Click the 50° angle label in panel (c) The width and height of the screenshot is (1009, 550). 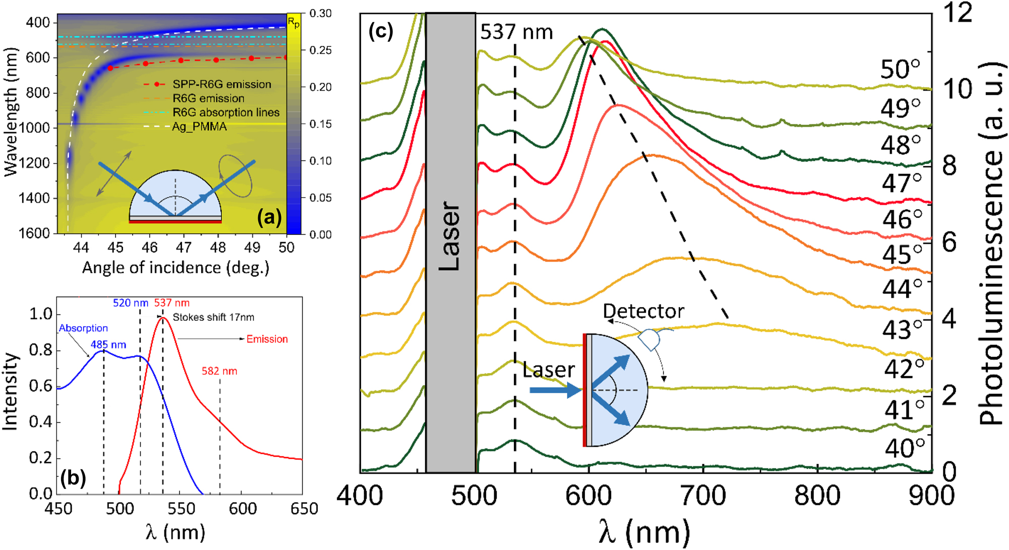[x=901, y=70]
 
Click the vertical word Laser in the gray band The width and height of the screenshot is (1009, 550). [x=450, y=236]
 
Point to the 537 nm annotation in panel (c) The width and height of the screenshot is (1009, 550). [x=516, y=32]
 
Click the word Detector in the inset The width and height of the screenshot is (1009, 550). [x=643, y=311]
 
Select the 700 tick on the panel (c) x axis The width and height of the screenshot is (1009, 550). [x=703, y=496]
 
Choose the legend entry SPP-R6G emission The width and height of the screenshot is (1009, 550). [x=221, y=84]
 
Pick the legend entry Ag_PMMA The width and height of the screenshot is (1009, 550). [x=199, y=127]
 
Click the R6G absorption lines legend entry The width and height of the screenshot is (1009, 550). [x=225, y=112]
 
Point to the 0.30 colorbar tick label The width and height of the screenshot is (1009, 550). [x=321, y=13]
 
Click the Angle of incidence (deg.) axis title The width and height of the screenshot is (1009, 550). [x=175, y=268]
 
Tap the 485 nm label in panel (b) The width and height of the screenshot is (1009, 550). [x=108, y=345]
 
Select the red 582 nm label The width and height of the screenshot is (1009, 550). [x=219, y=371]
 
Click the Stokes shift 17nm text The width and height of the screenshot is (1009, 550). [x=213, y=317]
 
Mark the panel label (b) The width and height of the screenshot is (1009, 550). [x=73, y=477]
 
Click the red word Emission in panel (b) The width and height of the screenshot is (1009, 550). [x=267, y=339]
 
